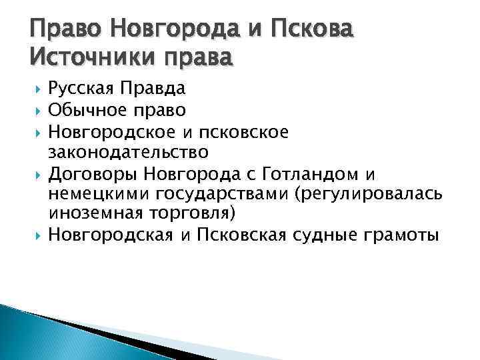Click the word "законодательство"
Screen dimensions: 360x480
pyautogui.click(x=129, y=153)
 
